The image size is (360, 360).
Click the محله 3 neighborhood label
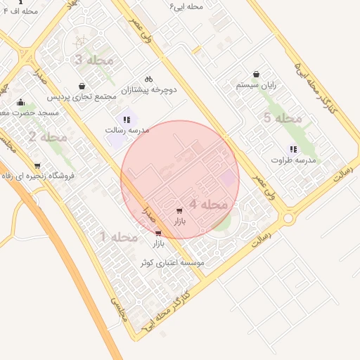pyautogui.click(x=94, y=60)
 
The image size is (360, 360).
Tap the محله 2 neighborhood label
pyautogui.click(x=48, y=136)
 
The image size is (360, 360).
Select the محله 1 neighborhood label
pyautogui.click(x=119, y=237)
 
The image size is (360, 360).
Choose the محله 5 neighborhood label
pyautogui.click(x=277, y=118)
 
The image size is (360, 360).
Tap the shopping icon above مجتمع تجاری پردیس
pyautogui.click(x=82, y=86)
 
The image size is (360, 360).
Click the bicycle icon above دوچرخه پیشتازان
pyautogui.click(x=148, y=79)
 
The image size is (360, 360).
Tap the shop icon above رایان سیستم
pyautogui.click(x=256, y=74)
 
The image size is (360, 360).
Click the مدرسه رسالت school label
pyautogui.click(x=126, y=131)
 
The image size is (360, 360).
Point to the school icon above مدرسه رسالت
pyautogui.click(x=127, y=120)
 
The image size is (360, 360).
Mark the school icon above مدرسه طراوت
pyautogui.click(x=293, y=149)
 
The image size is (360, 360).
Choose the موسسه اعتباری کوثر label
pyautogui.click(x=172, y=262)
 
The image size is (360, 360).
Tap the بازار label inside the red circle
pyautogui.click(x=179, y=221)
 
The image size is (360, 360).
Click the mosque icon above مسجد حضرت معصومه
pyautogui.click(x=20, y=102)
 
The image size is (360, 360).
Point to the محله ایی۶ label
pyautogui.click(x=186, y=6)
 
